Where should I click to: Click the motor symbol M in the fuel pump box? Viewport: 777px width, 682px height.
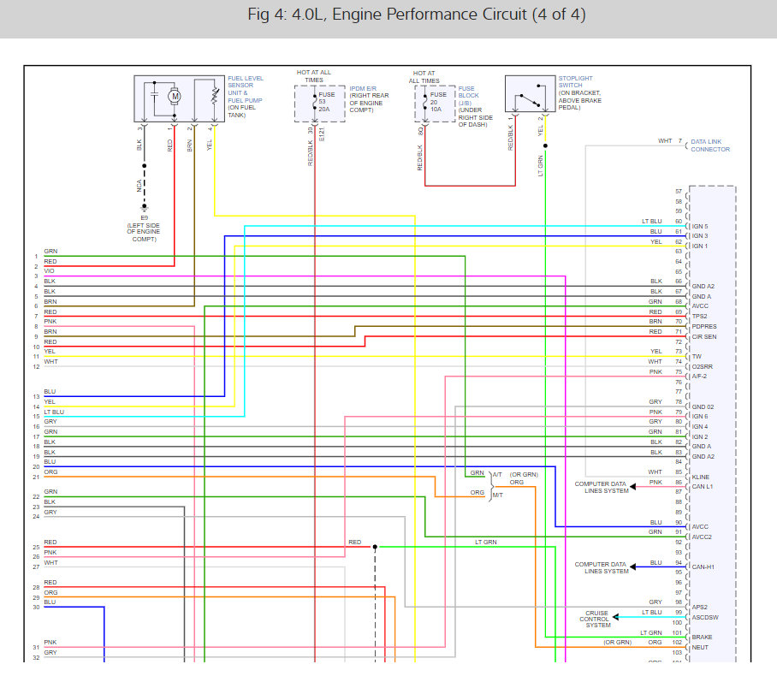click(x=175, y=97)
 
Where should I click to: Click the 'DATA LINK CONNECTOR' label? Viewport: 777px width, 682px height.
click(x=710, y=145)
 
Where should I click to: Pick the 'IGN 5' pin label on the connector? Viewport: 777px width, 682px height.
click(x=700, y=226)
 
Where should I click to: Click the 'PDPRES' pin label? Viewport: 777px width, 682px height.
click(x=704, y=326)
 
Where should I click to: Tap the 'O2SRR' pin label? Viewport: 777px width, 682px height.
click(x=703, y=365)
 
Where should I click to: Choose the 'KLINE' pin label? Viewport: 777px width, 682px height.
click(x=701, y=477)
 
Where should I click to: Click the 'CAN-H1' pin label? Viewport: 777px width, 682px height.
click(x=703, y=566)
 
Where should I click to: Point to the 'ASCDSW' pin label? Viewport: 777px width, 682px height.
click(x=704, y=617)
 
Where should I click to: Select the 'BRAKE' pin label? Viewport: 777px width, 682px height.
click(x=702, y=637)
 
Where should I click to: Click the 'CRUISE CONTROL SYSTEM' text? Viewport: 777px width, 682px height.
click(x=597, y=620)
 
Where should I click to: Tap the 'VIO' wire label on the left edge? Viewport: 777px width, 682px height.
click(x=50, y=270)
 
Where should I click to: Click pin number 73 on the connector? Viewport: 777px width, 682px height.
click(x=679, y=351)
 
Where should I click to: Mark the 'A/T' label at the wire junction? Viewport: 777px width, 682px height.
click(x=497, y=474)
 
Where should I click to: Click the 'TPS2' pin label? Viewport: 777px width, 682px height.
click(x=701, y=316)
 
